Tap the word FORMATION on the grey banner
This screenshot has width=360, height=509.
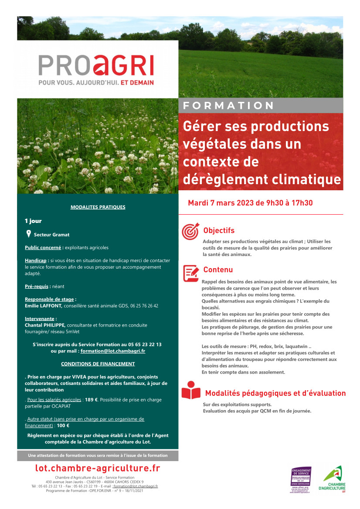pos(229,106)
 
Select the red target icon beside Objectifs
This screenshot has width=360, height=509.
pos(190,232)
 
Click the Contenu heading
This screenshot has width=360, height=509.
pos(218,270)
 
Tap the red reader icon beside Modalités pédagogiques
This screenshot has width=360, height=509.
pos(190,391)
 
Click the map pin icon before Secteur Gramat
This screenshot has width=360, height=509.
pos(28,234)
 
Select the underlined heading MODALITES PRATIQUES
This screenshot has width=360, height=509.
pos(98,207)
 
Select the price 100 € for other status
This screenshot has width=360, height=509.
pos(63,426)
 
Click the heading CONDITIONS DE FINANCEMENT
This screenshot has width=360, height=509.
pos(98,364)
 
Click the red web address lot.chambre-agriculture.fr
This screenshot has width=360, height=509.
pos(98,469)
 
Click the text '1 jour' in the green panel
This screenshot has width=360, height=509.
pos(34,221)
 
